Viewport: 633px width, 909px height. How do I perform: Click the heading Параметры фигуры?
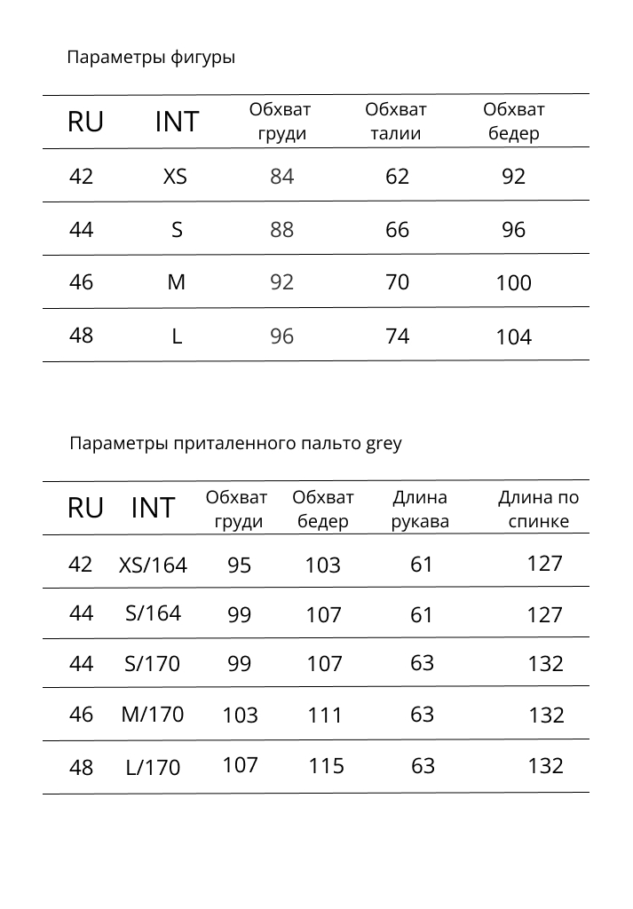point(151,59)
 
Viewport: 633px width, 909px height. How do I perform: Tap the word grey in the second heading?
point(384,443)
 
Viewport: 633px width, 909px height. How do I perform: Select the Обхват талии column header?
point(396,122)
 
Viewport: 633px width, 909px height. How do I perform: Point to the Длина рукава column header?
point(420,510)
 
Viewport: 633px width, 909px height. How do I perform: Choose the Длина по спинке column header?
point(538,510)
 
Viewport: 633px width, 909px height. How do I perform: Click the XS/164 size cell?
point(153,565)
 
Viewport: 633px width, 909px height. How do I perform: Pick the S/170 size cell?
point(153,664)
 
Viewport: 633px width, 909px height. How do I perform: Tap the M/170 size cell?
point(153,715)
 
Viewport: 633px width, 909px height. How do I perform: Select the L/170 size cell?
point(153,768)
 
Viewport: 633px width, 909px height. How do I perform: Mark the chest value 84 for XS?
point(281,177)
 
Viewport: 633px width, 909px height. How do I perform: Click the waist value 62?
point(397,177)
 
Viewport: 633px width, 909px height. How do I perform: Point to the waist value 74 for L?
point(397,336)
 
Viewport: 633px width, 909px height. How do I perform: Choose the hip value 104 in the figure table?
point(513,337)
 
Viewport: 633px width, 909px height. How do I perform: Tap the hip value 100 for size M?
point(513,283)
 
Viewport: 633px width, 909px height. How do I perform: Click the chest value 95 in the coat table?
point(239,565)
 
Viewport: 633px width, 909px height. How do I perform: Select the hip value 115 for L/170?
point(326,766)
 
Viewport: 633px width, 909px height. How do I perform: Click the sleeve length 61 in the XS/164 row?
point(422,564)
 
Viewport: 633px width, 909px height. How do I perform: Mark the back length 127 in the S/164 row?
point(544,615)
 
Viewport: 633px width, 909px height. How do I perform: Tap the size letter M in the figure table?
point(177,282)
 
